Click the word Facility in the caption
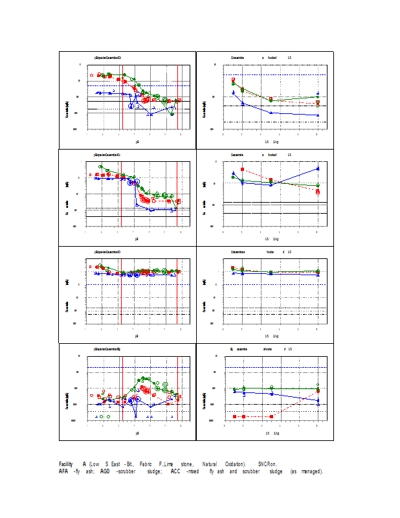point(65,464)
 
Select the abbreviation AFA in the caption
point(63,471)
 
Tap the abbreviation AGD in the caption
point(104,471)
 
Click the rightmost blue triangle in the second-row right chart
point(318,168)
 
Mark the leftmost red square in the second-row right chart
point(233,170)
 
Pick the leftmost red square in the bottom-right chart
point(234,416)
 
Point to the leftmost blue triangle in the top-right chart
point(233,93)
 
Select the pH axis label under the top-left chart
point(137,141)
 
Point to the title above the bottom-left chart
point(107,349)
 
